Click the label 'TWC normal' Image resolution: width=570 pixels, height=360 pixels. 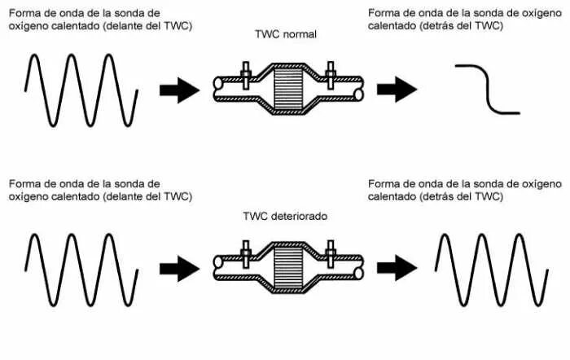(285, 35)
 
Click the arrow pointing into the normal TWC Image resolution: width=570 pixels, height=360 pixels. (178, 90)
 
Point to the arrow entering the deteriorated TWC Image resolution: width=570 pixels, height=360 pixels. (178, 266)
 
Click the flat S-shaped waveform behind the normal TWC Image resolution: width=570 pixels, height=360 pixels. (487, 90)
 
